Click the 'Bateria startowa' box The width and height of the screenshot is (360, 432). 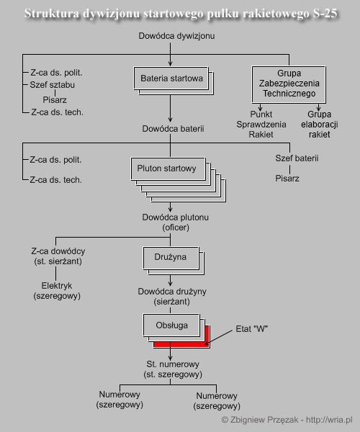[x=171, y=78]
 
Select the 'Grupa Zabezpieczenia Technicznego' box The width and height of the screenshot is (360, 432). [x=289, y=84]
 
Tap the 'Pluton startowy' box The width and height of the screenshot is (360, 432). [x=168, y=168]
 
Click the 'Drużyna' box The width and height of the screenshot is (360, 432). [x=171, y=258]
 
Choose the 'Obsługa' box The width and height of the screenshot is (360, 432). [x=171, y=325]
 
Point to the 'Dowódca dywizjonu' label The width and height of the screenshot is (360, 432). [x=176, y=36]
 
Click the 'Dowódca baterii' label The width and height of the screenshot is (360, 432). [x=173, y=129]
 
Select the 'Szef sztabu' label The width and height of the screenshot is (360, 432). [x=53, y=85]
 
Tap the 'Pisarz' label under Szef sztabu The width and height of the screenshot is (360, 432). [x=55, y=100]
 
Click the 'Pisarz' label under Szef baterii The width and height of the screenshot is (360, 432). [x=287, y=179]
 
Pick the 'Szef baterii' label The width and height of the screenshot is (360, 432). [x=297, y=158]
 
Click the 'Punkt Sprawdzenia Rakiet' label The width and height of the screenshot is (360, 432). [x=261, y=125]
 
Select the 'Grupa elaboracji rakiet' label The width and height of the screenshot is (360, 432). [x=319, y=125]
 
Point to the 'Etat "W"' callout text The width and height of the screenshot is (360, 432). [x=252, y=329]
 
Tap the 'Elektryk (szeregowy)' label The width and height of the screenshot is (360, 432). [x=57, y=291]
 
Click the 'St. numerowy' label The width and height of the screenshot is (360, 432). [x=173, y=364]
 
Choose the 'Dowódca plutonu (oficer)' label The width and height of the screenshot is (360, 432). [x=176, y=222]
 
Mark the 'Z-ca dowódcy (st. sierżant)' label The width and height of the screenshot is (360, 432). [x=58, y=256]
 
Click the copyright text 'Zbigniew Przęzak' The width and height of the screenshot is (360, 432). [x=264, y=420]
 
